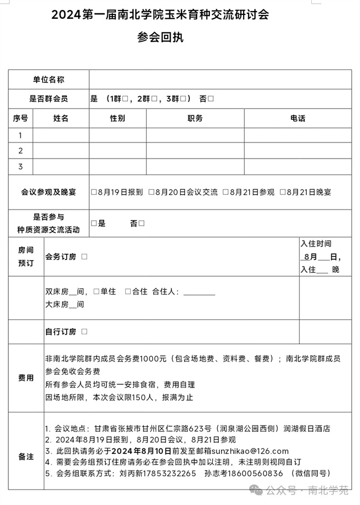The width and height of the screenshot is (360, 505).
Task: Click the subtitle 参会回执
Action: click(160, 38)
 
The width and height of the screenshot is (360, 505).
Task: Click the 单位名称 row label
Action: click(49, 80)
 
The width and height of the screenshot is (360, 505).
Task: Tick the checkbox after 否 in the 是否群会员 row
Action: click(211, 99)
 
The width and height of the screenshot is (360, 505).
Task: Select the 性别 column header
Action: click(117, 118)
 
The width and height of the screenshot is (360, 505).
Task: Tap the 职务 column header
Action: click(195, 118)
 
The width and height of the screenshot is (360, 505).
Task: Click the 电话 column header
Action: click(297, 118)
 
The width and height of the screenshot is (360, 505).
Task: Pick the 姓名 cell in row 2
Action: click(61, 151)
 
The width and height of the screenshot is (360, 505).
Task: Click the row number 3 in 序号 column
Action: click(20, 166)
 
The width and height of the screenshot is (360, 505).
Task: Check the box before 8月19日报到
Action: click(94, 192)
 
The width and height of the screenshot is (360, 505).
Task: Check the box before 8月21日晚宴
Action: click(282, 192)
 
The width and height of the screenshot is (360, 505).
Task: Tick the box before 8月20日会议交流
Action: click(151, 192)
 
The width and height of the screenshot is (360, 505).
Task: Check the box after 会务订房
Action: click(84, 257)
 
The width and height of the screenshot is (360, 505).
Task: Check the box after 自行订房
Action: click(84, 331)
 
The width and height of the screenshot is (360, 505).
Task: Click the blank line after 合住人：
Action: click(199, 292)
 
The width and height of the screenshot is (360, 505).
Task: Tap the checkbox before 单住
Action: click(96, 292)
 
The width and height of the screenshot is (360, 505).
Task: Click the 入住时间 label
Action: click(316, 243)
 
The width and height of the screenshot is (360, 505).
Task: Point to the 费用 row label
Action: click(26, 378)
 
